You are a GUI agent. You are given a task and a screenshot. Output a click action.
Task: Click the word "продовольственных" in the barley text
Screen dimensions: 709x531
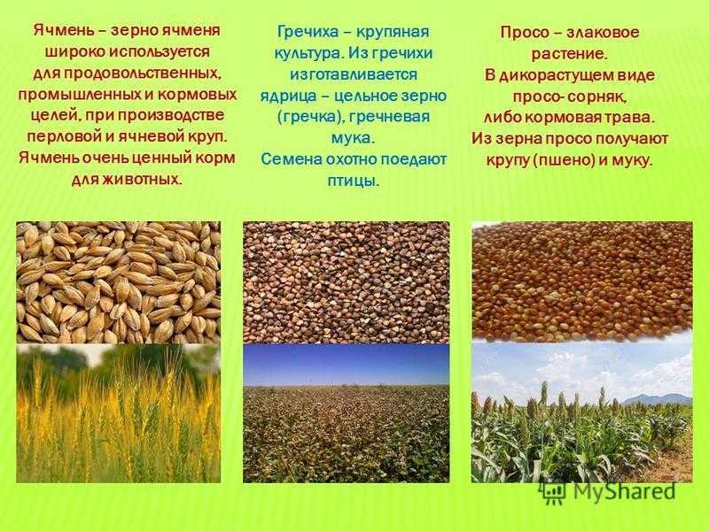[142, 73]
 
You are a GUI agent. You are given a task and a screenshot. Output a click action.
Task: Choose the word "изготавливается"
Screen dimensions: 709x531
[353, 74]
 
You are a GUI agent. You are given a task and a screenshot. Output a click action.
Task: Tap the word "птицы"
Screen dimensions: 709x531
[353, 181]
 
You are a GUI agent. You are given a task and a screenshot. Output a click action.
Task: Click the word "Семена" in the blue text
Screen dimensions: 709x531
[292, 159]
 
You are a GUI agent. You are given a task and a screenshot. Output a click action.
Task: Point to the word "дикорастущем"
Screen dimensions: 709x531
[557, 75]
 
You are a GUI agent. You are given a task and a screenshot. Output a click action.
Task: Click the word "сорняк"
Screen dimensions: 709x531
[597, 96]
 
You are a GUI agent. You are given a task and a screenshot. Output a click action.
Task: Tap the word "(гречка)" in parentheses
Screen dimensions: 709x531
[311, 118]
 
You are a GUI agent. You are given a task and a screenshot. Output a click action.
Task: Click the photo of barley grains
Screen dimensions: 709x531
[119, 282]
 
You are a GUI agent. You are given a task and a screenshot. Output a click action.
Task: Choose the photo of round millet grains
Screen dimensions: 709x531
[582, 281]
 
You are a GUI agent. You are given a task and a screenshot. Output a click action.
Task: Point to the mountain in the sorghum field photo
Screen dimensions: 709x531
[660, 399]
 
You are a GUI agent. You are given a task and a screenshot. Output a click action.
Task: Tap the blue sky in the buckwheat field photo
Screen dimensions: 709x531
[347, 363]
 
